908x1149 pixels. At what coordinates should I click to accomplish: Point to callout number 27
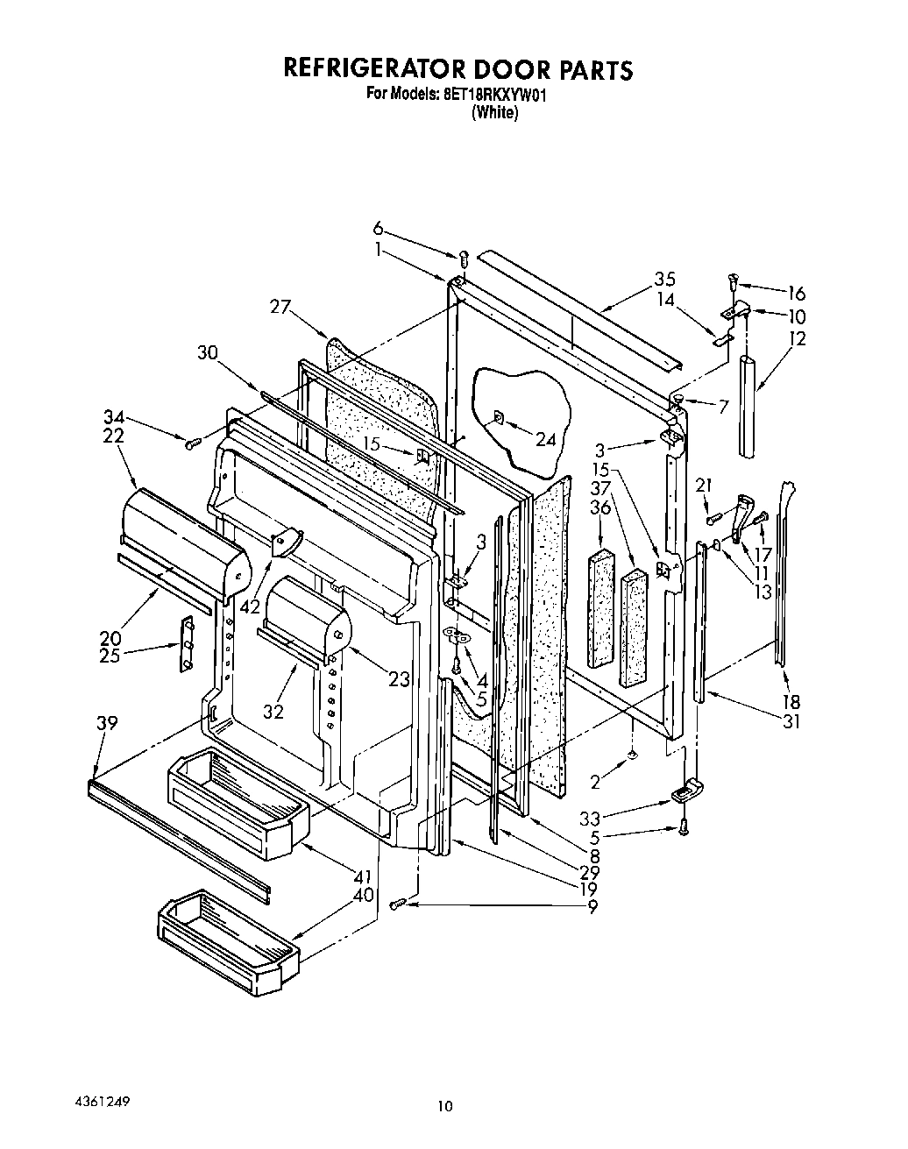[x=280, y=305]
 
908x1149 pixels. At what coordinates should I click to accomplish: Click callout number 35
[x=664, y=280]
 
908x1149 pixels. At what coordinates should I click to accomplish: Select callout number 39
[x=107, y=723]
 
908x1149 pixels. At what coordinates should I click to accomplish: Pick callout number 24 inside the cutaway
[x=545, y=439]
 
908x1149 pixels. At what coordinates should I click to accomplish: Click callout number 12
[x=798, y=338]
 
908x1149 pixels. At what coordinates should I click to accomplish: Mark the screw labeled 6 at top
[x=465, y=259]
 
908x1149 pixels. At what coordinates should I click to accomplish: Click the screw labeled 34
[x=189, y=443]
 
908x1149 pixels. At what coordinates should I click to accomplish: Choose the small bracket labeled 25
[x=186, y=644]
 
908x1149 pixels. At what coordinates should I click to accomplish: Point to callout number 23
[x=399, y=677]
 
